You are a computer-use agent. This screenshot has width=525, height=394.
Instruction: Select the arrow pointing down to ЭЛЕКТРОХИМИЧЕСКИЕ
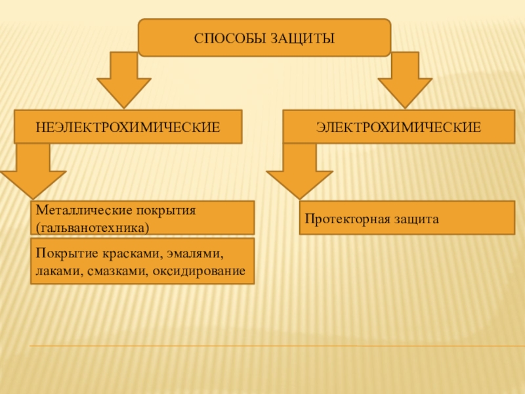[404, 79]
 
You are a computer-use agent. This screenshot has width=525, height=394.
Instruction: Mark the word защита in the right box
[417, 218]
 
